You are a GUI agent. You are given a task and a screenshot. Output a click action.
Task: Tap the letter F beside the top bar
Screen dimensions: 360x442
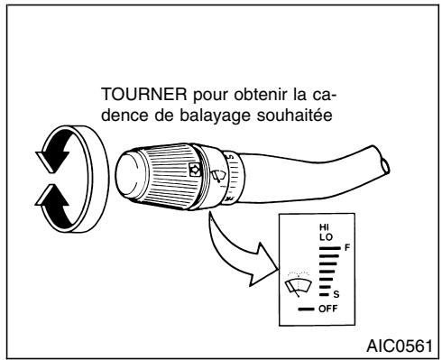coord(348,245)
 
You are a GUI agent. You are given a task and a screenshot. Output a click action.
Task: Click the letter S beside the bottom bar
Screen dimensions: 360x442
coord(336,294)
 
